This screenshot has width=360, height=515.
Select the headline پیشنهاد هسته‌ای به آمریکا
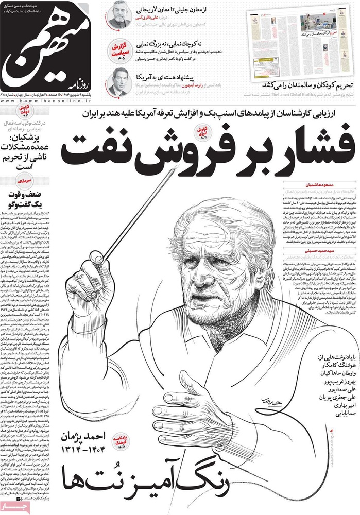pyautogui.click(x=170, y=76)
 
